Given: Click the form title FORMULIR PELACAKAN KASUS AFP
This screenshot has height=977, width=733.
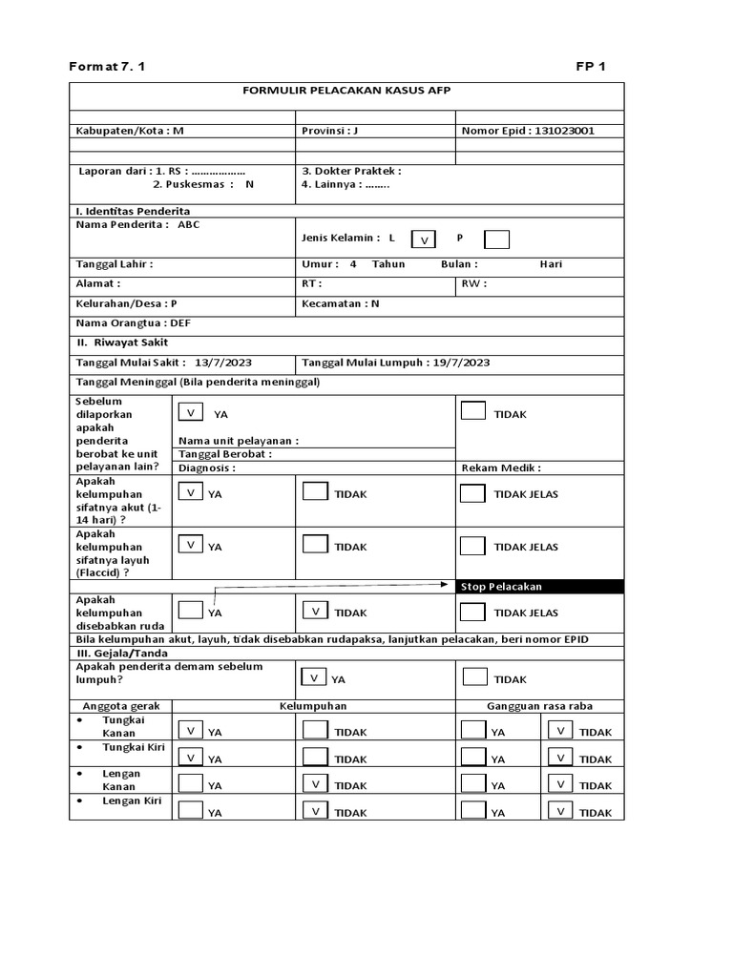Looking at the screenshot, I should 346,90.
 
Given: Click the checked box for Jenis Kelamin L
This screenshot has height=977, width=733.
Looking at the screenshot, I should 424,239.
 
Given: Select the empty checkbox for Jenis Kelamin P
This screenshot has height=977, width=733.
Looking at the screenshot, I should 496,239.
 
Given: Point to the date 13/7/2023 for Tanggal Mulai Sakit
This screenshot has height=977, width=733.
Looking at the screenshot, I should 224,363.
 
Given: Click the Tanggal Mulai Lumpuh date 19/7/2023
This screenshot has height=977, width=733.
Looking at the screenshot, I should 461,363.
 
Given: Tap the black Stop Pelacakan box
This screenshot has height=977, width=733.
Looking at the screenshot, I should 539,586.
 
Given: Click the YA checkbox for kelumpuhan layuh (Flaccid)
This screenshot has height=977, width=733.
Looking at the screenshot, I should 191,546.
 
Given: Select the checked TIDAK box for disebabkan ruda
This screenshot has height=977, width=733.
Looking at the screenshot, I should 315,611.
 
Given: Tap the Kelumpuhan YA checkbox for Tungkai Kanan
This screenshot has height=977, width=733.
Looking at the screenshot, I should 191,731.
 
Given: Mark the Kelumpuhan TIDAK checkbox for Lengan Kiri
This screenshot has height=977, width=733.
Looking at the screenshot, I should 315,811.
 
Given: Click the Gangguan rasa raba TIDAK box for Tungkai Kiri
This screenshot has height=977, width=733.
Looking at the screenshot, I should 560,758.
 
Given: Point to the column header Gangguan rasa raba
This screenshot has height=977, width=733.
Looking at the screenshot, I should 539,706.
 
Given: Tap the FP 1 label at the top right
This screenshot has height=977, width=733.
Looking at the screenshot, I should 590,66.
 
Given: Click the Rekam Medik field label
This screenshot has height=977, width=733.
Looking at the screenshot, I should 501,468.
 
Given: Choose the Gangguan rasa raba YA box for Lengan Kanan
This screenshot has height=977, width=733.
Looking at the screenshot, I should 472,784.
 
